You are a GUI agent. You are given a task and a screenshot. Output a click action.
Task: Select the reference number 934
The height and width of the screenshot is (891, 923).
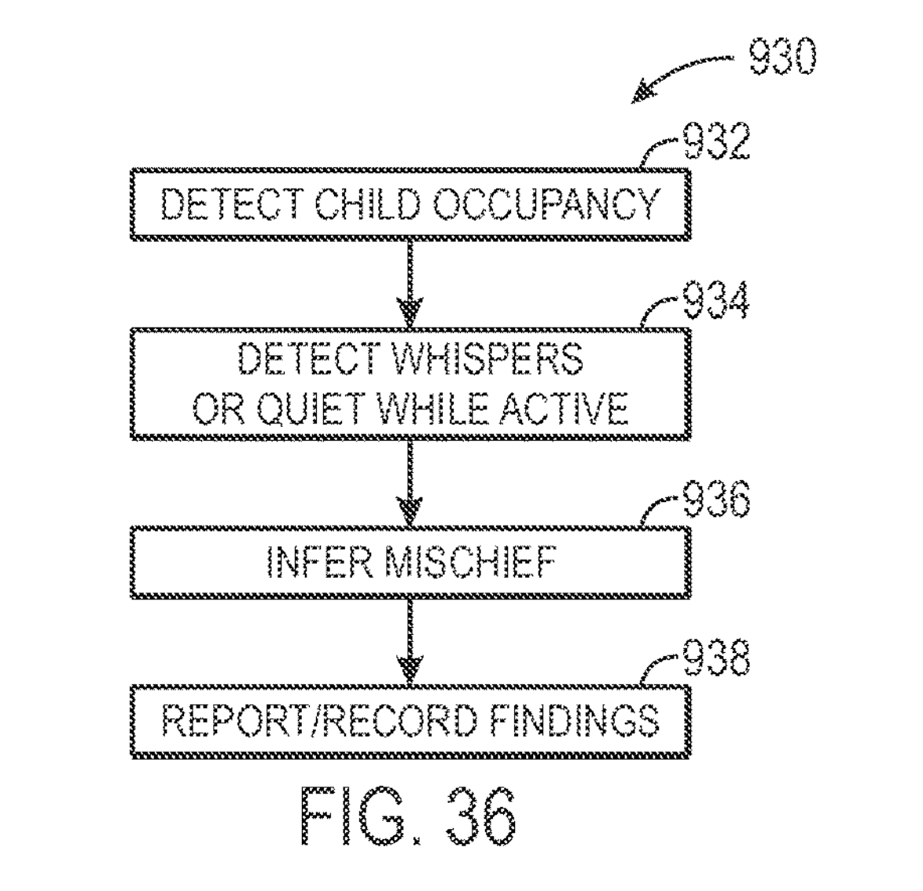[715, 301]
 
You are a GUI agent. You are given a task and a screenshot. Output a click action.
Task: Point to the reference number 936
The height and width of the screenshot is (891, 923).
[715, 499]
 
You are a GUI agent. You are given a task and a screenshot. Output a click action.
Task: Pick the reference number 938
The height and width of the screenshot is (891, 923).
[715, 658]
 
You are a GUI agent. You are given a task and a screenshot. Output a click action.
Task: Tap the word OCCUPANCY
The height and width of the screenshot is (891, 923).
[546, 205]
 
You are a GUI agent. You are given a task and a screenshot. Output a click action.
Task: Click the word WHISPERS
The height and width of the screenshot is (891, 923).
[487, 359]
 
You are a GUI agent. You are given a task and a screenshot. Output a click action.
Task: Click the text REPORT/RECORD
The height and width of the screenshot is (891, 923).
[319, 720]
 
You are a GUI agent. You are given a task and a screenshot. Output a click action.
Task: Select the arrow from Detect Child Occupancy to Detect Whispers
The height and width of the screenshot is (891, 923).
[409, 283]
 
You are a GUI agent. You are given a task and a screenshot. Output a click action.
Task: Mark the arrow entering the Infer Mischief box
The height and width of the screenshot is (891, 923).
[409, 483]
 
